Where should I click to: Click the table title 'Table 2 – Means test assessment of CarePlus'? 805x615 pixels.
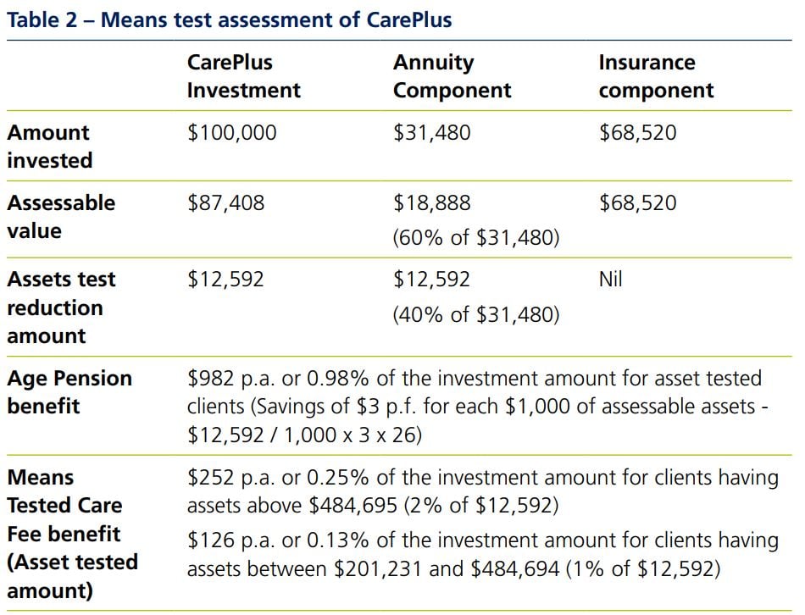(230, 20)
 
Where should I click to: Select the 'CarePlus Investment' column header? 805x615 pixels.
(244, 76)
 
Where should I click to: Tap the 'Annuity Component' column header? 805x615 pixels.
(452, 76)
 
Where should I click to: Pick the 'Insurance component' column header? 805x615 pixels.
(656, 76)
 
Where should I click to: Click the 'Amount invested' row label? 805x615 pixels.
(49, 147)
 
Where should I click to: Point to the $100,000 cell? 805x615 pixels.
(231, 133)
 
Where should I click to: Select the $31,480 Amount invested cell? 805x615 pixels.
(432, 133)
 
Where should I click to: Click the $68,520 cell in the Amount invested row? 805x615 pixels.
(638, 133)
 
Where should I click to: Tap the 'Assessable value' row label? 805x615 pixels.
(62, 216)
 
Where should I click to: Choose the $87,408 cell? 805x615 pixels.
(225, 203)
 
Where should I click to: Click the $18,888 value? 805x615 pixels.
(432, 203)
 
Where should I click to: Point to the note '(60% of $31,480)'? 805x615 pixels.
(476, 238)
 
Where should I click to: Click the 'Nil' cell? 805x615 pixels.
(611, 280)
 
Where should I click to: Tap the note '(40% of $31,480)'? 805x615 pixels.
(476, 314)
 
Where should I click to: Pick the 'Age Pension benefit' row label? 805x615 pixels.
(69, 392)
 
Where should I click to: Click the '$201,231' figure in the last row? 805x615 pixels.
(378, 568)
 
